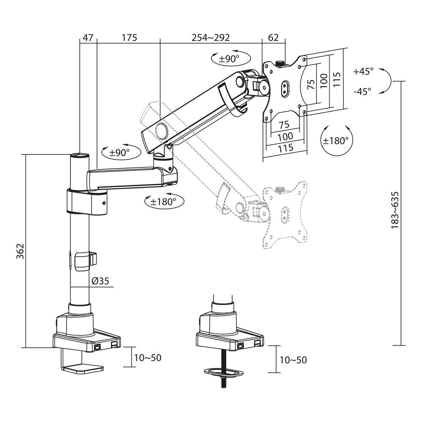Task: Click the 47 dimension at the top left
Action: click(88, 38)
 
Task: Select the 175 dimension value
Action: click(130, 38)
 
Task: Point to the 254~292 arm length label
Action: click(211, 38)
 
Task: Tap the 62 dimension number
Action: click(273, 38)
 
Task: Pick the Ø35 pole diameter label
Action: click(100, 281)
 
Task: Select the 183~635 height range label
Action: click(395, 210)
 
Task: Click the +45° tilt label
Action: click(363, 71)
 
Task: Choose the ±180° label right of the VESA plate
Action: click(335, 141)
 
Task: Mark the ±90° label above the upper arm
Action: click(229, 59)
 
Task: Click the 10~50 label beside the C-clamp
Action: click(148, 358)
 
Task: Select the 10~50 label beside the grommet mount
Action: click(293, 360)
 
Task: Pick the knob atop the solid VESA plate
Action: click(279, 64)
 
